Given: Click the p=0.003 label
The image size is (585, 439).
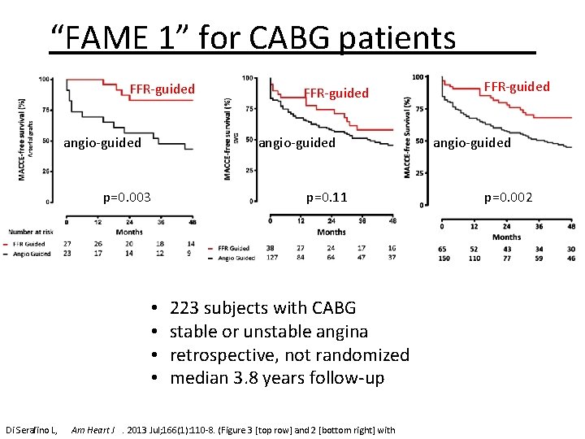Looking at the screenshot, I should click(x=127, y=197).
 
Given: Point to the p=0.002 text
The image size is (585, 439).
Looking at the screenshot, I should click(x=509, y=197).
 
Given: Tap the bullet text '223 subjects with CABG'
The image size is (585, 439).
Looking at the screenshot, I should click(x=262, y=308).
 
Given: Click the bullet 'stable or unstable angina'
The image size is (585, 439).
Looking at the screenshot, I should click(x=268, y=332).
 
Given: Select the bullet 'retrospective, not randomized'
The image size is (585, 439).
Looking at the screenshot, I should click(x=289, y=355).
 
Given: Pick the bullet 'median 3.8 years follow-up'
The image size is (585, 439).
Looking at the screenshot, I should click(x=276, y=378).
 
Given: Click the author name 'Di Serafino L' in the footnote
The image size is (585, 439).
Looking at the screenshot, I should click(x=31, y=429).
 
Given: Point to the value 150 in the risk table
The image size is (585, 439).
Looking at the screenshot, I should click(x=445, y=259).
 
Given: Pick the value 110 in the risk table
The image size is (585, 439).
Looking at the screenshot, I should click(x=474, y=259).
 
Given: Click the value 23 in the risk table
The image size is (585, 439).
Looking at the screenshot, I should click(x=67, y=254).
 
